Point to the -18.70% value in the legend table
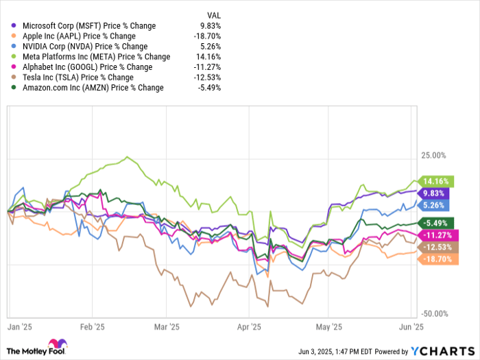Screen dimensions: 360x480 pyautogui.click(x=208, y=36)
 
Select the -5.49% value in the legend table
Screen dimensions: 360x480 pyautogui.click(x=209, y=88)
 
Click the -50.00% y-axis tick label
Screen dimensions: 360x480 pyautogui.click(x=434, y=313)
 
